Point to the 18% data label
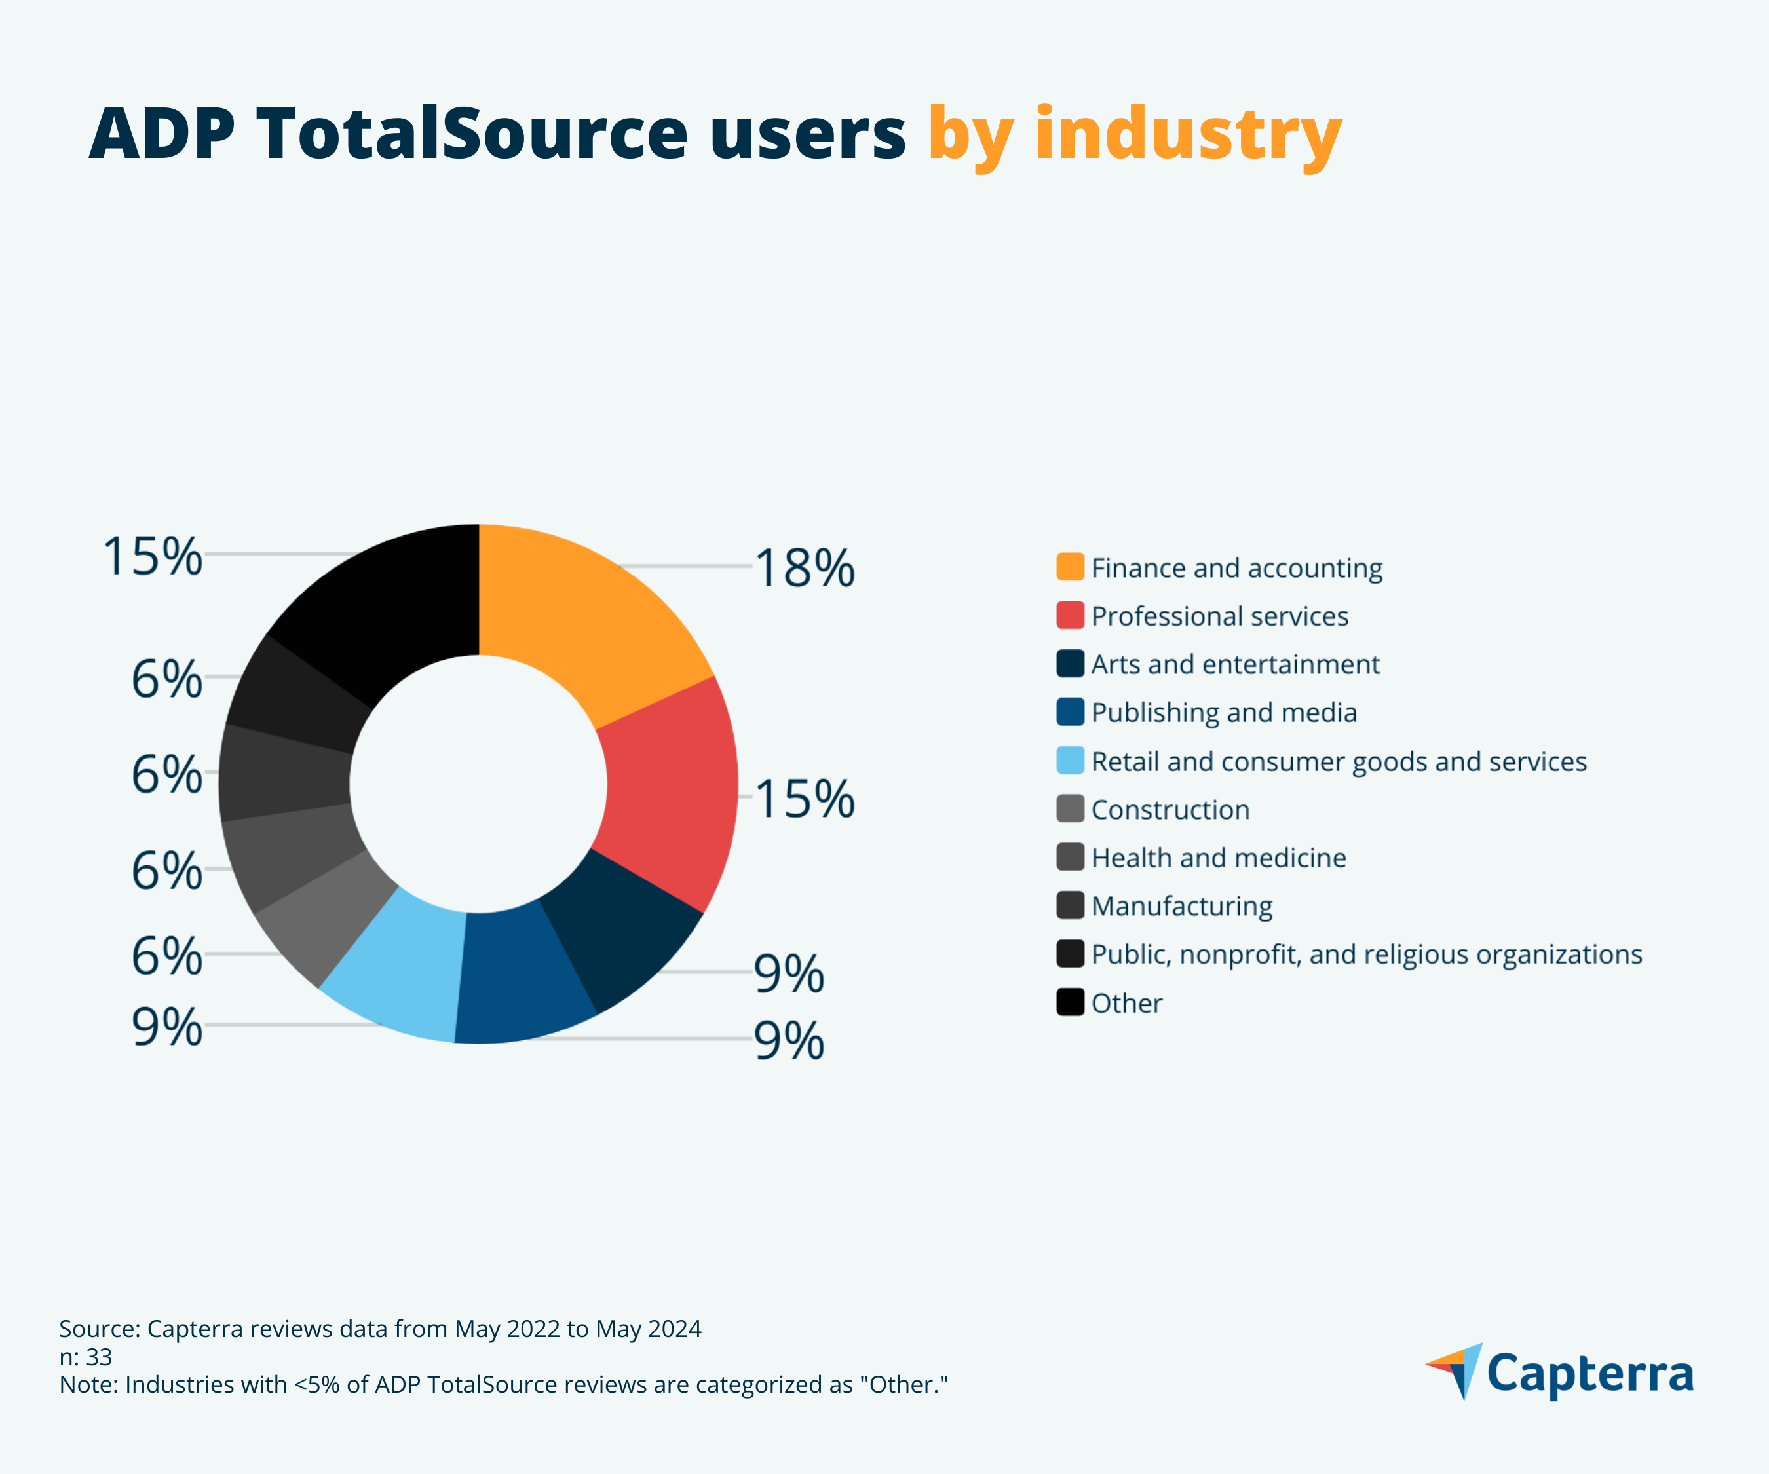[x=805, y=568]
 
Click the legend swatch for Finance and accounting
[x=1070, y=567]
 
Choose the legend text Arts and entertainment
[x=1235, y=664]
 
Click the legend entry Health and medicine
[x=1218, y=858]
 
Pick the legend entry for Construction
[x=1170, y=810]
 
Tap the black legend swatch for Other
[x=1070, y=1002]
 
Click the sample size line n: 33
[x=85, y=1357]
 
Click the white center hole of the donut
[x=478, y=784]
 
